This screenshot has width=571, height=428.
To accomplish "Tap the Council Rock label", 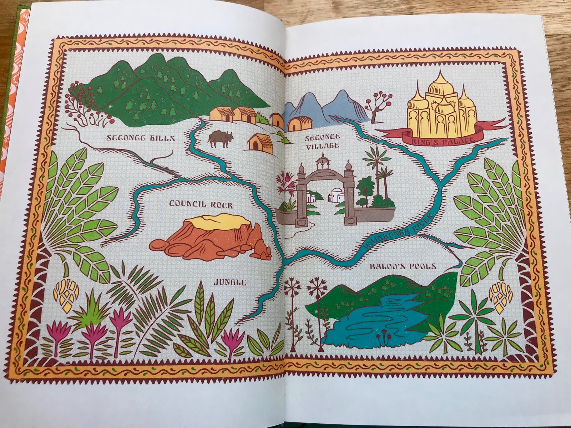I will [x=201, y=205].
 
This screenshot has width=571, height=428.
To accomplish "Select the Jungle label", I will [x=230, y=283].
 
